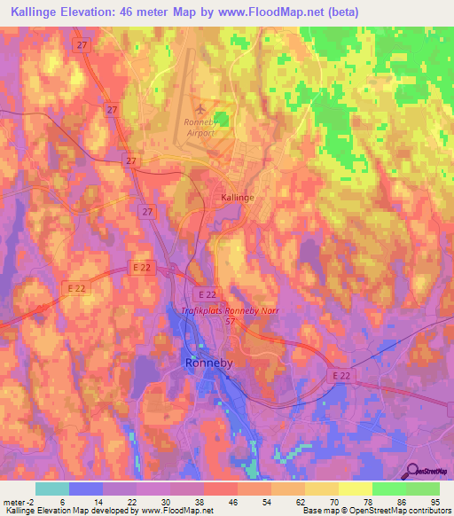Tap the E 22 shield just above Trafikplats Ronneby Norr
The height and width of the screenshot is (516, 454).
coord(207,293)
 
